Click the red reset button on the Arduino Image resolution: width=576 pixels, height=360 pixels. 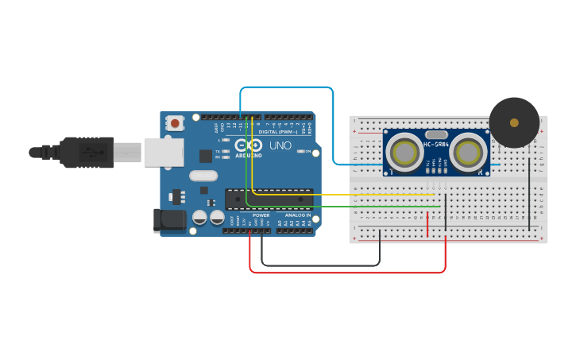tap(174, 123)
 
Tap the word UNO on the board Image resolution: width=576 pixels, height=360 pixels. tap(280, 146)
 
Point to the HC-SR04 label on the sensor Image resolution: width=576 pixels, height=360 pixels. tap(435, 144)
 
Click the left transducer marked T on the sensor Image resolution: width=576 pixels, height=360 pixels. tap(404, 152)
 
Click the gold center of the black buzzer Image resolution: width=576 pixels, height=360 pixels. tap(514, 122)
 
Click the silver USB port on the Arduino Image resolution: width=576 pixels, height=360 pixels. tap(163, 152)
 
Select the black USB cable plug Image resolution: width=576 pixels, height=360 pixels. tap(87, 152)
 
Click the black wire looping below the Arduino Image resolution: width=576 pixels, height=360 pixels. tap(318, 265)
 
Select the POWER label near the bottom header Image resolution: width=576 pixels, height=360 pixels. tap(261, 215)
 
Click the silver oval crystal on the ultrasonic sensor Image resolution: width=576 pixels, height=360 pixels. tap(436, 135)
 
